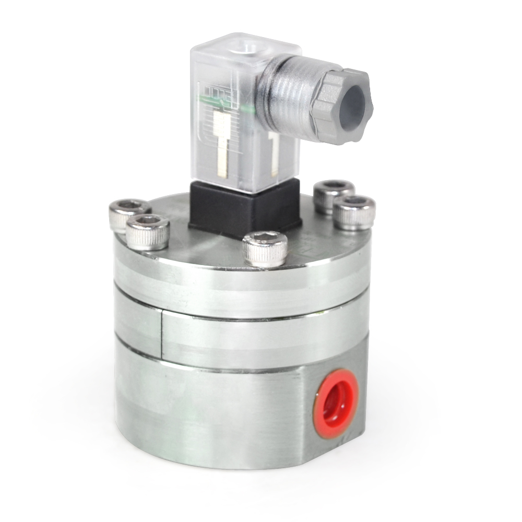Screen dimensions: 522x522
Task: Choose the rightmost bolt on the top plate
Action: point(354,212)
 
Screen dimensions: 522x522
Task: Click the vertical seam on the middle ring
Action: point(161,334)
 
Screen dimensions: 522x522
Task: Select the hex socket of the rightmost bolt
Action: point(355,201)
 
